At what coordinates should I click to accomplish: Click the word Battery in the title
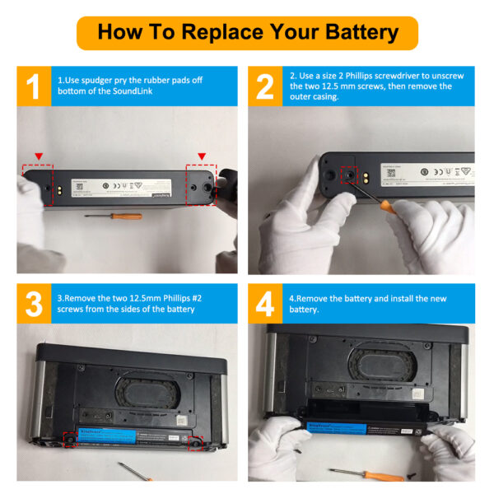(352, 32)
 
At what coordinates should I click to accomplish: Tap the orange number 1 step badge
(32, 86)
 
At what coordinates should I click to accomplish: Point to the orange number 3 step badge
(32, 304)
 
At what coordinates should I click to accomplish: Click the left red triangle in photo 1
(38, 156)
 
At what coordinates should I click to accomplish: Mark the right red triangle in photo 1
(201, 156)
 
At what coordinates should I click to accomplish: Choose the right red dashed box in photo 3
(197, 443)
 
